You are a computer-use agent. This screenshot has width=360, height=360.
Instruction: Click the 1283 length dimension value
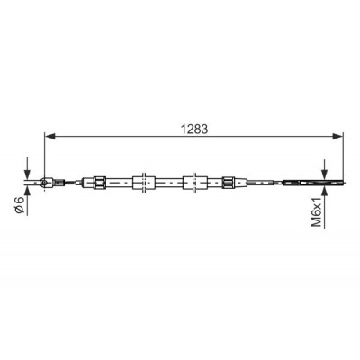[194, 129]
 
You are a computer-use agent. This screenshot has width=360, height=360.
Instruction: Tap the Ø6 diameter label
[20, 205]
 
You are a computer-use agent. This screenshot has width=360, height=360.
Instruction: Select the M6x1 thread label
[317, 211]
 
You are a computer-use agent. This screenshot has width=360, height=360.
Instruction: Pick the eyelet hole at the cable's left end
[45, 182]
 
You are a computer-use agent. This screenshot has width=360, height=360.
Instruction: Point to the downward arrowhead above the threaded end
[325, 174]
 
